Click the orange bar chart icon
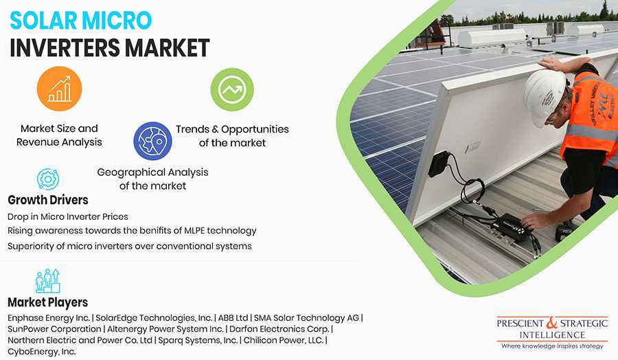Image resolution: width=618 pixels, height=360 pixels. pyautogui.click(x=60, y=89)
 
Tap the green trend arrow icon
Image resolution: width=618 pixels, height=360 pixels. pyautogui.click(x=232, y=89)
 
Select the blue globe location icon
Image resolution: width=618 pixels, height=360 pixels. pyautogui.click(x=153, y=141)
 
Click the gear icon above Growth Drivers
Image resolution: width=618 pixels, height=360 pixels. pyautogui.click(x=48, y=179)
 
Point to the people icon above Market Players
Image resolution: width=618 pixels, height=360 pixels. pyautogui.click(x=47, y=281)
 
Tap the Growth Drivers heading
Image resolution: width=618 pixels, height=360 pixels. pyautogui.click(x=48, y=200)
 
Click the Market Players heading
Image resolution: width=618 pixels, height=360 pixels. pyautogui.click(x=47, y=302)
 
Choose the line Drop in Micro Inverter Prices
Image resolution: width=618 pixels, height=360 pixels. pyautogui.click(x=68, y=216)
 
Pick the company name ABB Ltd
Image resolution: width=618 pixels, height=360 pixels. pyautogui.click(x=233, y=318)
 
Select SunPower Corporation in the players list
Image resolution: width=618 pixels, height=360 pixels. pyautogui.click(x=54, y=329)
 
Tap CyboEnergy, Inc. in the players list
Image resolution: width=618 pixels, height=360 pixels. pyautogui.click(x=42, y=351)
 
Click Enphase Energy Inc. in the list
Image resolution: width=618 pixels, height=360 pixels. pyautogui.click(x=49, y=318)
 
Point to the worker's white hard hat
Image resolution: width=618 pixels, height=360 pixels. pyautogui.click(x=545, y=97)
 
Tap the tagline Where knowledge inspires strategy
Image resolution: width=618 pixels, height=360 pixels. pyautogui.click(x=552, y=346)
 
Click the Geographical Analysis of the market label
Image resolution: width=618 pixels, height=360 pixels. pyautogui.click(x=153, y=179)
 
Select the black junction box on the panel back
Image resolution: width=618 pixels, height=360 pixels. pyautogui.click(x=439, y=164)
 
